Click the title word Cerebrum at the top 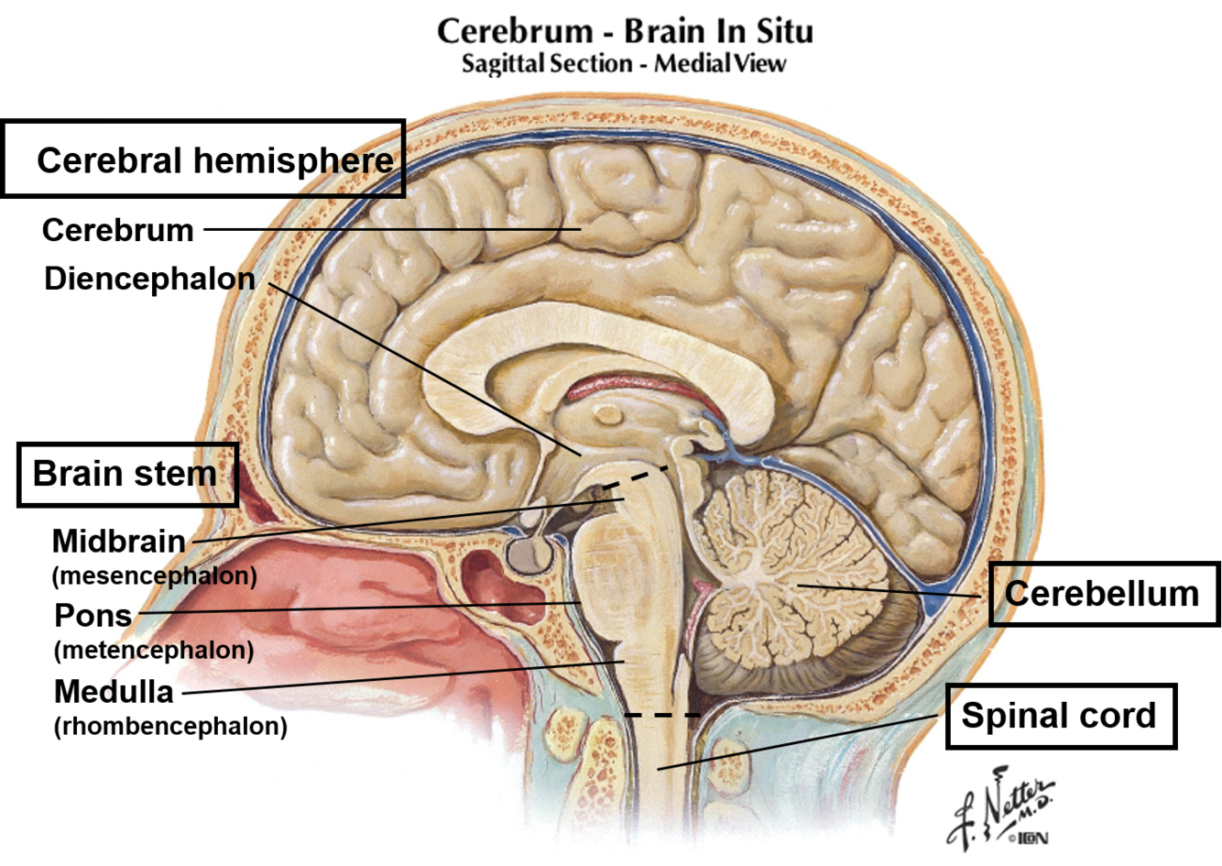click(514, 32)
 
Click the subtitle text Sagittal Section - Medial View click(624, 64)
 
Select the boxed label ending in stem click(170, 474)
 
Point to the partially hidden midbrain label click(145, 542)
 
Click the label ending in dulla click(138, 692)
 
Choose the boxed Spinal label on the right click(1008, 715)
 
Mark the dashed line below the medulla click(661, 714)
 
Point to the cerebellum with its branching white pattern click(788, 568)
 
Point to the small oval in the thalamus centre click(607, 416)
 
